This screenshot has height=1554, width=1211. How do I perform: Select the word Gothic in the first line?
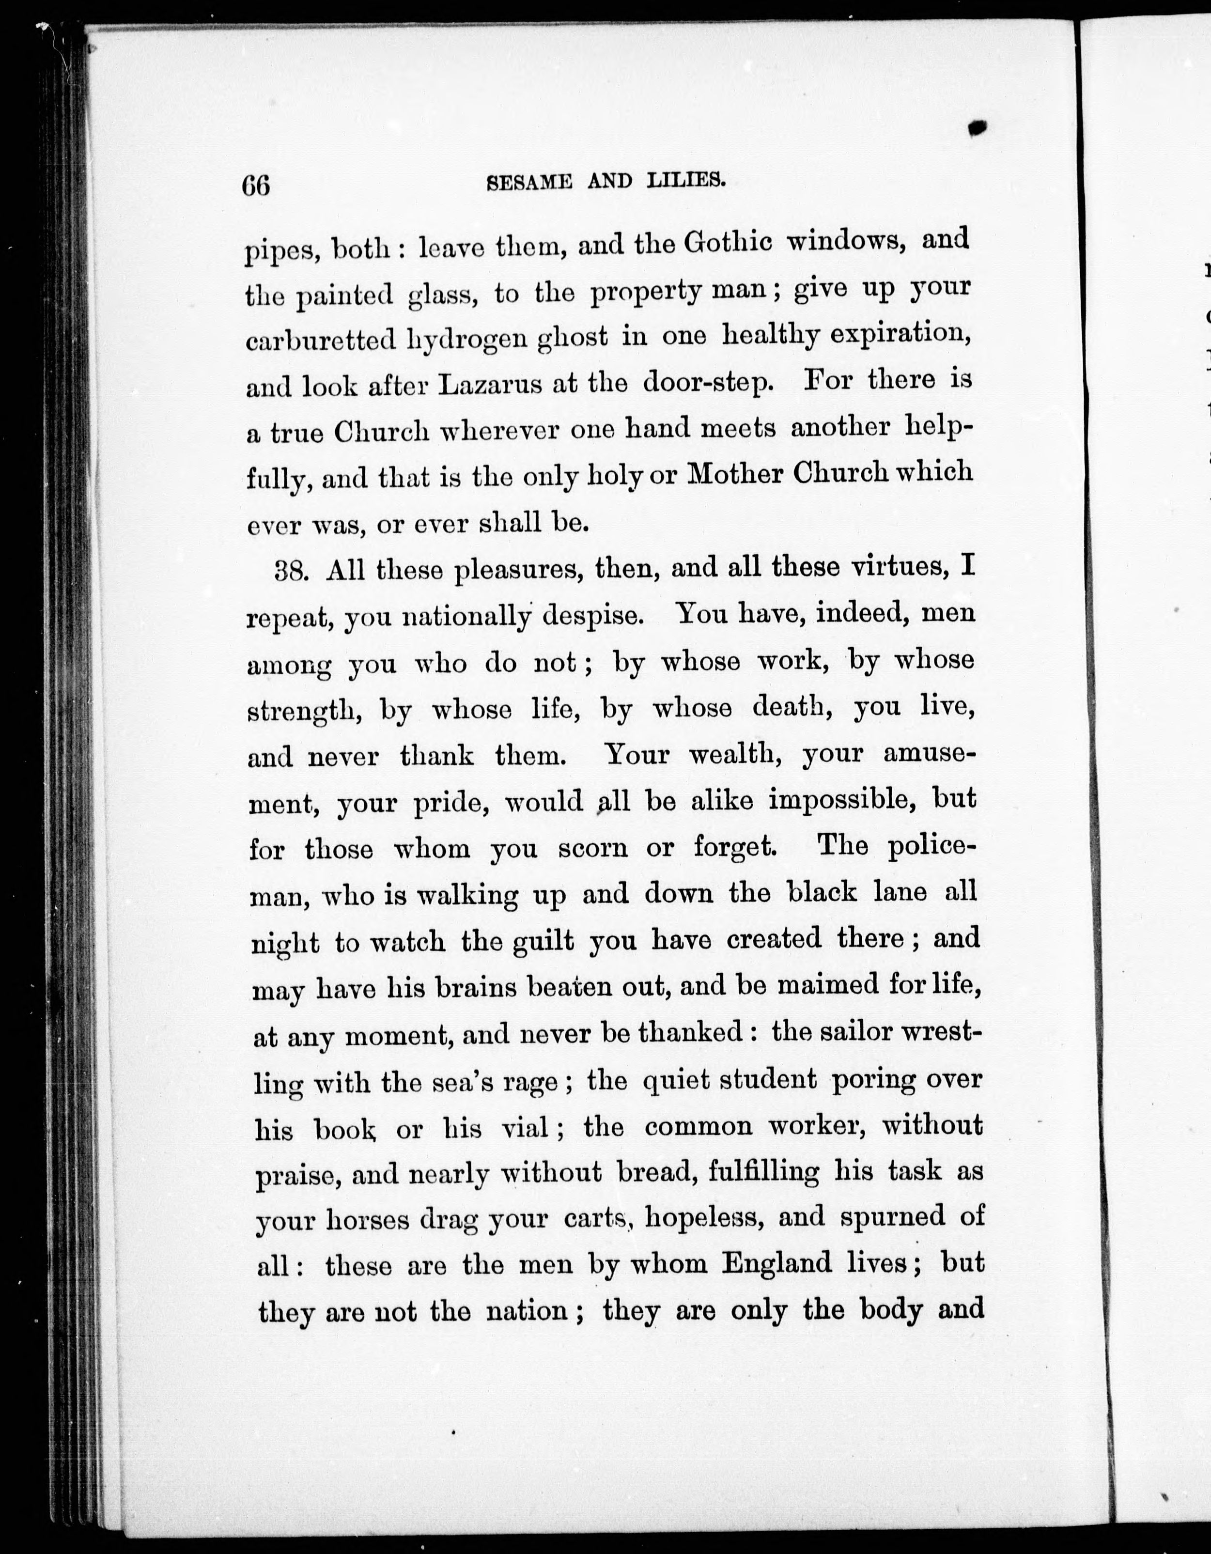pyautogui.click(x=727, y=243)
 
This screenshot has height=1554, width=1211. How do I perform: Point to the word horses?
pyautogui.click(x=368, y=1220)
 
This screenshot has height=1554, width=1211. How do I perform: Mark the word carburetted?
pyautogui.click(x=320, y=340)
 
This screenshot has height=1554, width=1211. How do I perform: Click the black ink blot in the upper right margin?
pyautogui.click(x=978, y=127)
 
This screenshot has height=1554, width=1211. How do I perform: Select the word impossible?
pyautogui.click(x=842, y=799)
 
